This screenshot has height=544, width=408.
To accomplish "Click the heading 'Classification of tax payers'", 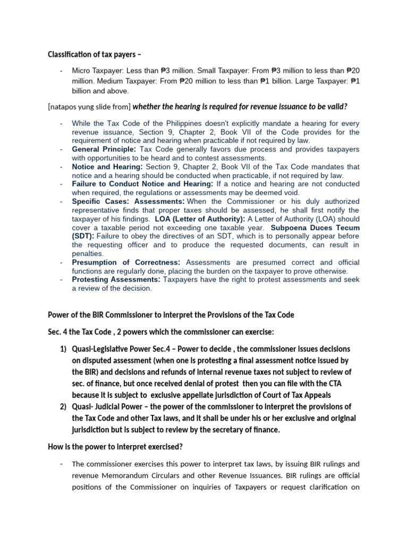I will point(95,54).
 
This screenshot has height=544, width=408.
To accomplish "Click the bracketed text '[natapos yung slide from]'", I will point(89,106).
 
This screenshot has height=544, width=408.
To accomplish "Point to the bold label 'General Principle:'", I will point(104,149).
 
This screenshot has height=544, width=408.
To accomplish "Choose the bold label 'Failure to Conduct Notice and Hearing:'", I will point(142,184).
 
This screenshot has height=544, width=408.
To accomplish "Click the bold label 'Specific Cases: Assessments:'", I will point(129,201).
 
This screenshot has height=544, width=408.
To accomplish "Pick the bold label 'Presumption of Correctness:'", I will point(126,262).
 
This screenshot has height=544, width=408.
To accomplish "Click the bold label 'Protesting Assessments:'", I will point(116,279).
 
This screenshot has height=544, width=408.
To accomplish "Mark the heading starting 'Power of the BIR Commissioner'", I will point(171,314).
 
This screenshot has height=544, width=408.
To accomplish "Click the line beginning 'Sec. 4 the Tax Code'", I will point(160,332).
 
